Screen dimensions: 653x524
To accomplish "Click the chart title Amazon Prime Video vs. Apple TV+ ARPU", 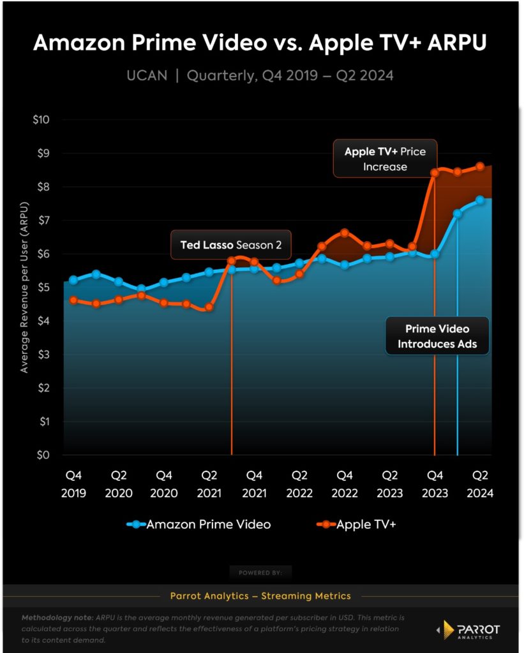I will [262, 43].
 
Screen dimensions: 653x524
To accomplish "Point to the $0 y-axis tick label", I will [45, 455].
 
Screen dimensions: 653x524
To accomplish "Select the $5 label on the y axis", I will [45, 288].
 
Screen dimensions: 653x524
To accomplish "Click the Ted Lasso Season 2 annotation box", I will [230, 244].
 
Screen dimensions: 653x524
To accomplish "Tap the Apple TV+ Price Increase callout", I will [385, 159].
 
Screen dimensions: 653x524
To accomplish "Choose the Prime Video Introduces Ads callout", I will [437, 336].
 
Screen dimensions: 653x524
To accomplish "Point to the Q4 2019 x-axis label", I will [73, 484].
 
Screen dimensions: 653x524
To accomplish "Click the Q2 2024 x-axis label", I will [480, 484].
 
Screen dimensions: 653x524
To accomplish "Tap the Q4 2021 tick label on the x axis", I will [254, 484].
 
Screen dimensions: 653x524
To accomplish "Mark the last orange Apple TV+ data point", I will [480, 166].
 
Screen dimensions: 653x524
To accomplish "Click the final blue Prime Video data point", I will [480, 200].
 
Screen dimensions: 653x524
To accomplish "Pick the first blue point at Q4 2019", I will [73, 280].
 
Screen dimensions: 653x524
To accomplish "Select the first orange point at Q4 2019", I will [73, 300].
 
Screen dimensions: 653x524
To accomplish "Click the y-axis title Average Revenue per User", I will [24, 288].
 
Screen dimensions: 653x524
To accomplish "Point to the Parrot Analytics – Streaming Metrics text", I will [260, 596].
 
